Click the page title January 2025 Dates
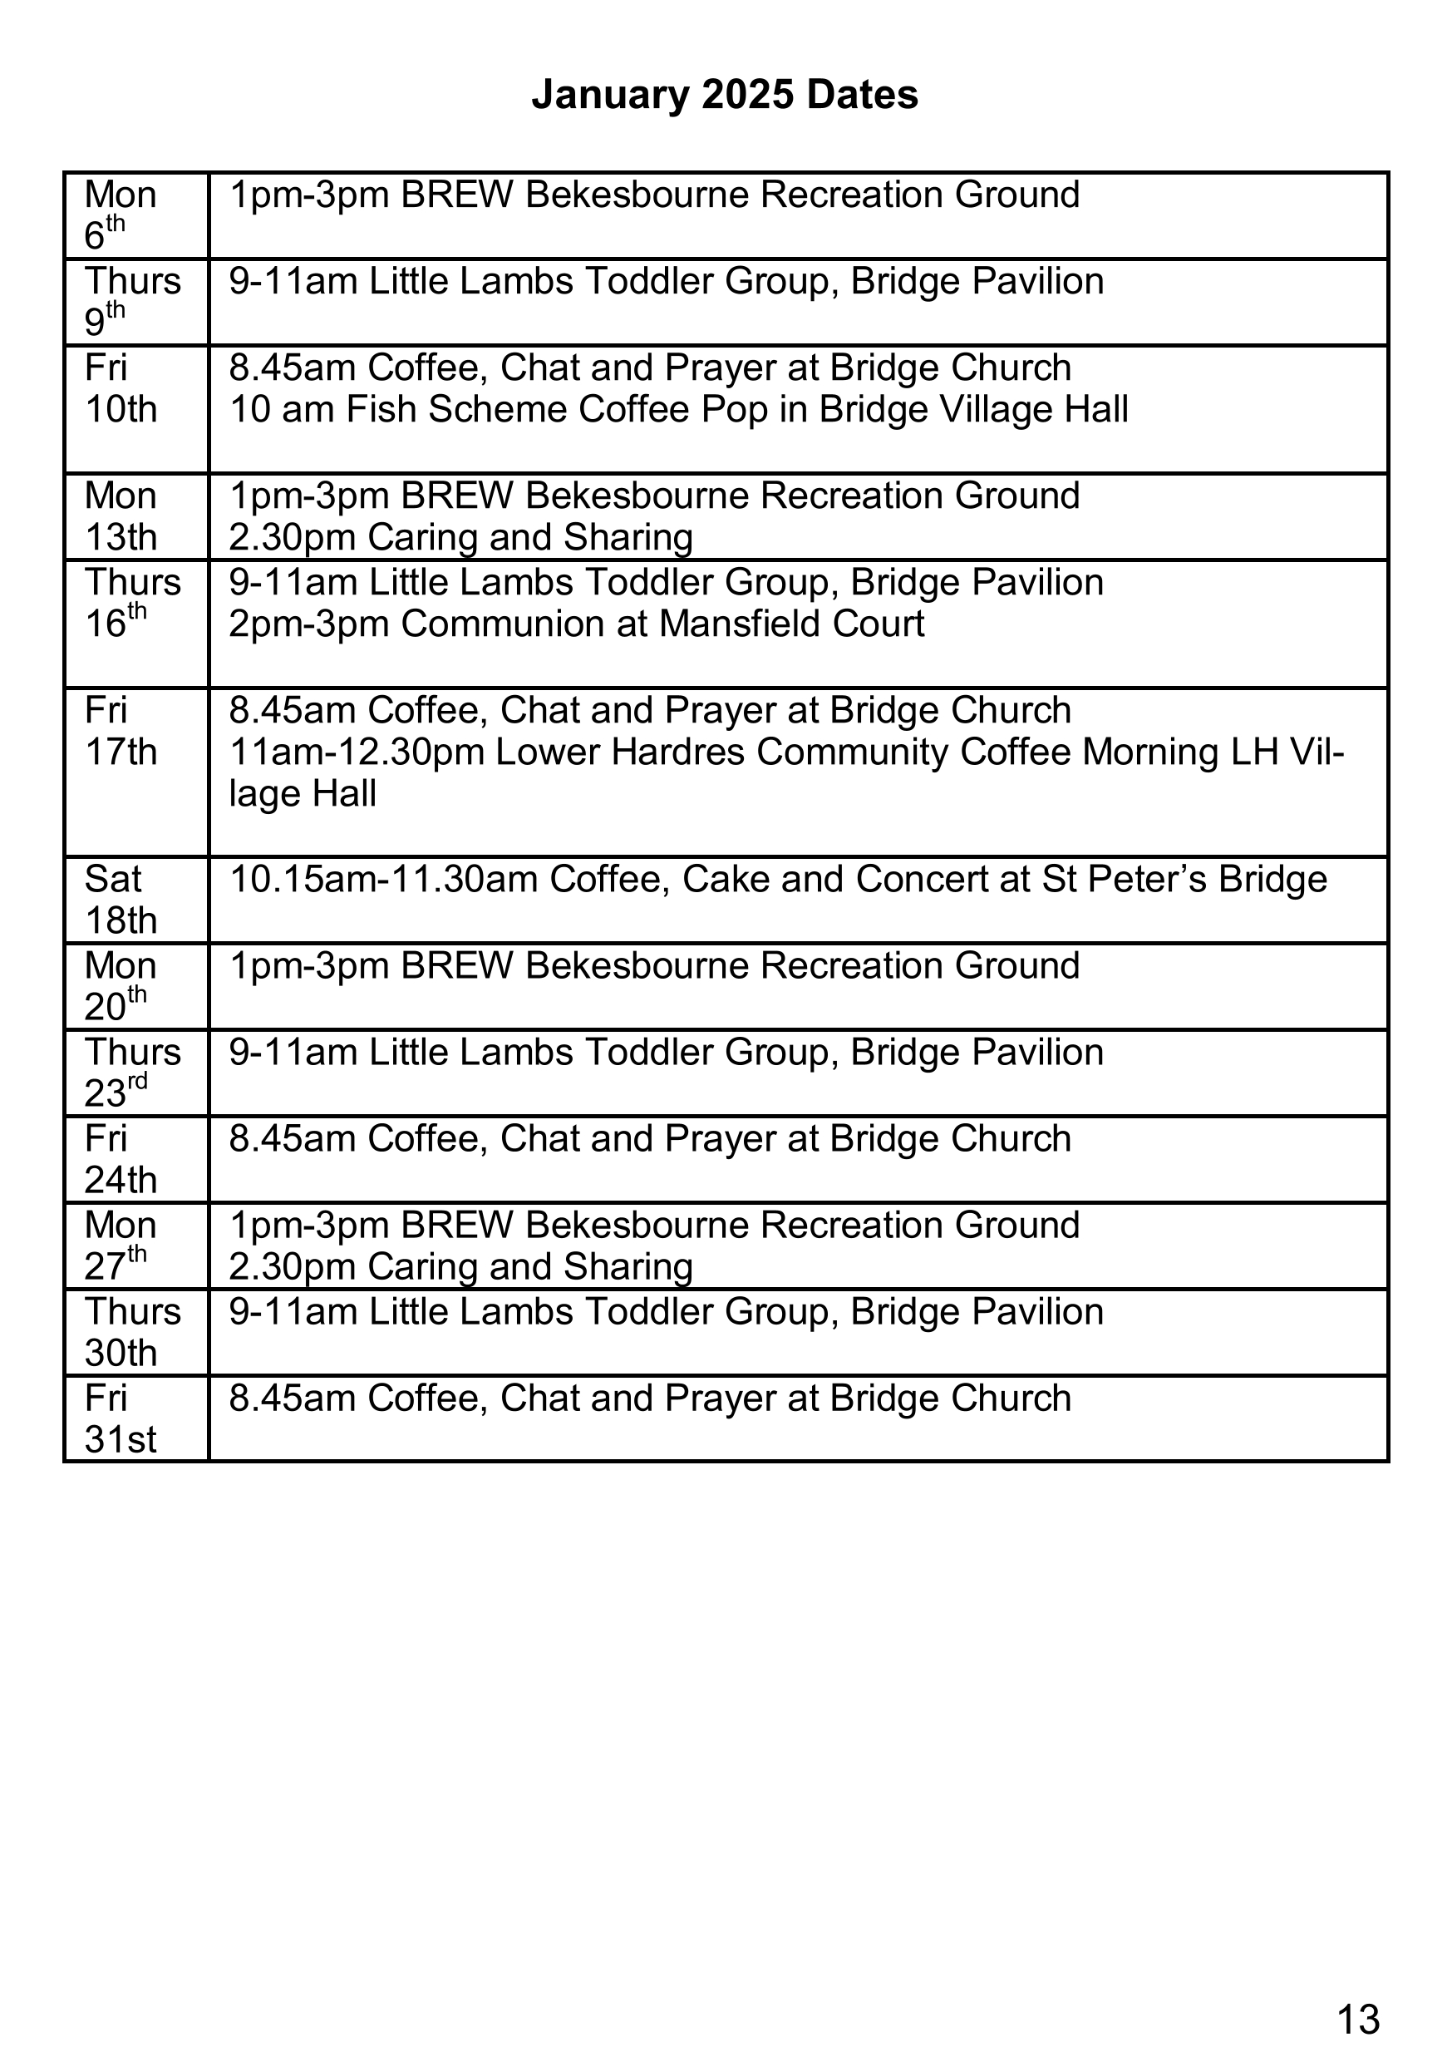coord(725,94)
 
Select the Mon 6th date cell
coord(135,215)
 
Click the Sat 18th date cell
coord(135,900)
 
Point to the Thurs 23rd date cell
coord(135,1073)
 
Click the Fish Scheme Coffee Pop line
coord(678,410)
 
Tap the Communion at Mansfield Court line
coord(576,624)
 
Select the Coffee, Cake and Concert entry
coord(778,879)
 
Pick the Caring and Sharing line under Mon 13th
coord(460,537)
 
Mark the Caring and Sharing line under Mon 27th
coord(460,1266)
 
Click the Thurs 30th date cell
coord(135,1333)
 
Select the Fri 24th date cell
coord(135,1159)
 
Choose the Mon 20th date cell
coord(135,986)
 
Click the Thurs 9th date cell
coord(135,302)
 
